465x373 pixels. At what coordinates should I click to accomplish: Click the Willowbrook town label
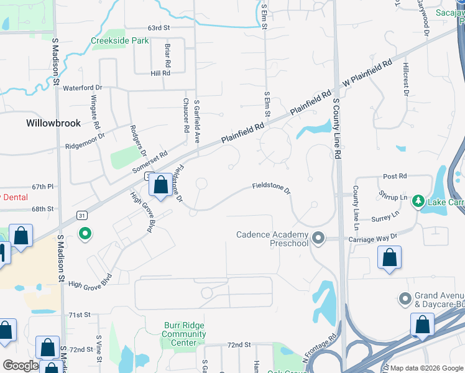[53, 123]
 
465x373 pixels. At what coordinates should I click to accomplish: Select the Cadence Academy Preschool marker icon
[319, 238]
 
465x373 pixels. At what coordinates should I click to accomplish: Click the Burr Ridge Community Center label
[184, 334]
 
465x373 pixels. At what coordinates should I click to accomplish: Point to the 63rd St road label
[159, 28]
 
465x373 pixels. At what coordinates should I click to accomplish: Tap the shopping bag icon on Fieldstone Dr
[160, 185]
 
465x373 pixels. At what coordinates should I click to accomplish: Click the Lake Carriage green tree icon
[419, 201]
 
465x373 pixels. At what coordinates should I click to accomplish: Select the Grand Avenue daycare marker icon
[406, 299]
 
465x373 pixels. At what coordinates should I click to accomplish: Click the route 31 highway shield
[81, 215]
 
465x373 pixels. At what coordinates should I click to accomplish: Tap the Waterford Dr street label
[82, 88]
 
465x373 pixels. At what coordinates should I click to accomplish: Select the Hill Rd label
[160, 73]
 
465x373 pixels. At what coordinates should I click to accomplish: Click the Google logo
[21, 365]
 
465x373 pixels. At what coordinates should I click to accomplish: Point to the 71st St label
[80, 315]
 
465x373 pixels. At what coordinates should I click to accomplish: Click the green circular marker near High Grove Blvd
[86, 234]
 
